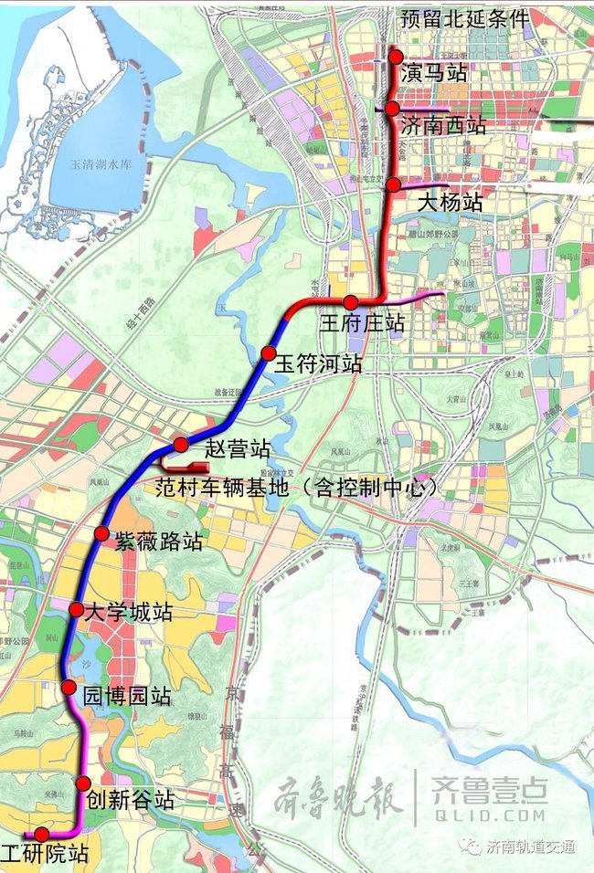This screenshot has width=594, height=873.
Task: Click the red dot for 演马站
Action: click(396, 57)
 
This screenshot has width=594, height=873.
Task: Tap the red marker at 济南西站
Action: click(391, 110)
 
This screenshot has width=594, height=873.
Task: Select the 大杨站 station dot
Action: click(393, 185)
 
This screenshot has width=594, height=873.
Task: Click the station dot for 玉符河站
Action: click(268, 353)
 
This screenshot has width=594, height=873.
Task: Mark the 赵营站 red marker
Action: click(181, 445)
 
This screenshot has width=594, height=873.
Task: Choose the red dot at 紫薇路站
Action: click(102, 534)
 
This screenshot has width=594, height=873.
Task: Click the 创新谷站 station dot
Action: click(83, 783)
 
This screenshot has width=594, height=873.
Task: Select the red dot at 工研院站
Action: click(41, 834)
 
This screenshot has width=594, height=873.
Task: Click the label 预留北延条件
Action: click(463, 18)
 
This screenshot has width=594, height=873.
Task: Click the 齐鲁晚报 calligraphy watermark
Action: click(338, 801)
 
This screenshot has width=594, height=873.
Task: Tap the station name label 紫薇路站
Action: click(156, 541)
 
